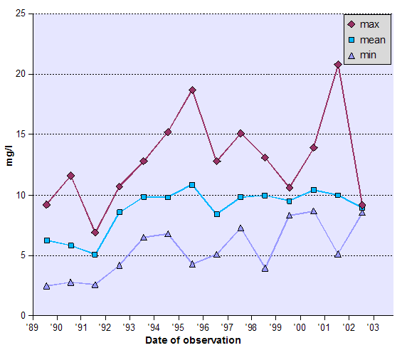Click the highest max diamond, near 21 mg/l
pos(338,65)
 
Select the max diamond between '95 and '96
pos(192,90)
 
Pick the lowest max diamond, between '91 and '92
pos(95,233)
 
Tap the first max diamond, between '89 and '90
pos(46,205)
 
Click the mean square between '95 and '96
pos(192,185)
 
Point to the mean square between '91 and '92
pos(95,254)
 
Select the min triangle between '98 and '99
pos(265,268)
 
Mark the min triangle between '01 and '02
pos(338,254)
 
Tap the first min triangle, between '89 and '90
pos(46,286)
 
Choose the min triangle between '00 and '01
pos(314,211)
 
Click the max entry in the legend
pos(364,25)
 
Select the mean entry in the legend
pos(364,40)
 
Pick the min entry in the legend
pos(364,55)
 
